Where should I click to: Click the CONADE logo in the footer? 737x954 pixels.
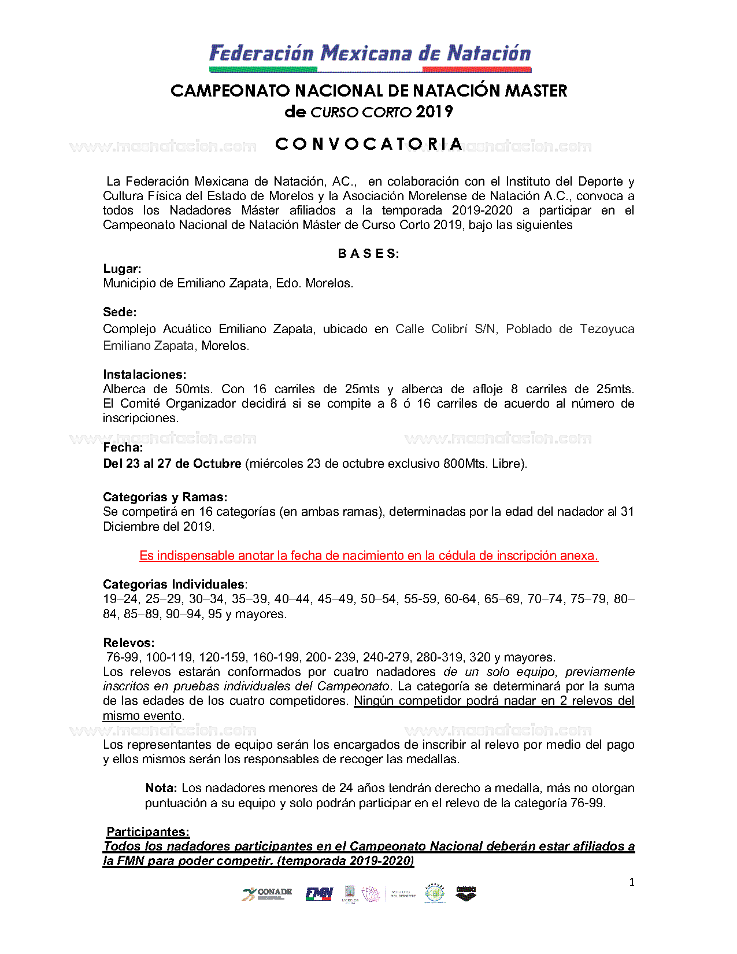click(267, 894)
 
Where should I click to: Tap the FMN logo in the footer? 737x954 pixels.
click(319, 894)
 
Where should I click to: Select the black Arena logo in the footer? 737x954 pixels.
click(466, 894)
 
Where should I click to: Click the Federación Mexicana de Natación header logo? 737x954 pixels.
click(370, 57)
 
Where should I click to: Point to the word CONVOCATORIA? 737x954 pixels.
click(369, 144)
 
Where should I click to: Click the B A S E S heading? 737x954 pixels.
click(368, 254)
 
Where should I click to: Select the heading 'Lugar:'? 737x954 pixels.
click(122, 269)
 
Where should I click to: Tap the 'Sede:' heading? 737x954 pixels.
click(120, 312)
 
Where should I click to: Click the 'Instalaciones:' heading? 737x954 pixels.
click(145, 375)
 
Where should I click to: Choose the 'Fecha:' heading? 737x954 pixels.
click(123, 448)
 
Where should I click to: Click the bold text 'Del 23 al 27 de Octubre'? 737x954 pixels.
click(172, 464)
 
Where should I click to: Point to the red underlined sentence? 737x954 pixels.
click(369, 556)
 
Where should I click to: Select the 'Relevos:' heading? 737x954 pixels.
click(129, 643)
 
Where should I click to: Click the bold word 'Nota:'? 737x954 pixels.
click(161, 788)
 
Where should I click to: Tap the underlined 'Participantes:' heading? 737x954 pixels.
click(148, 832)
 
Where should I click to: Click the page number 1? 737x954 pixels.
click(632, 882)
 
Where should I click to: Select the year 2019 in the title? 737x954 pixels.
click(434, 112)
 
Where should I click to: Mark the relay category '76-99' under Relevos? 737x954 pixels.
click(123, 657)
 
